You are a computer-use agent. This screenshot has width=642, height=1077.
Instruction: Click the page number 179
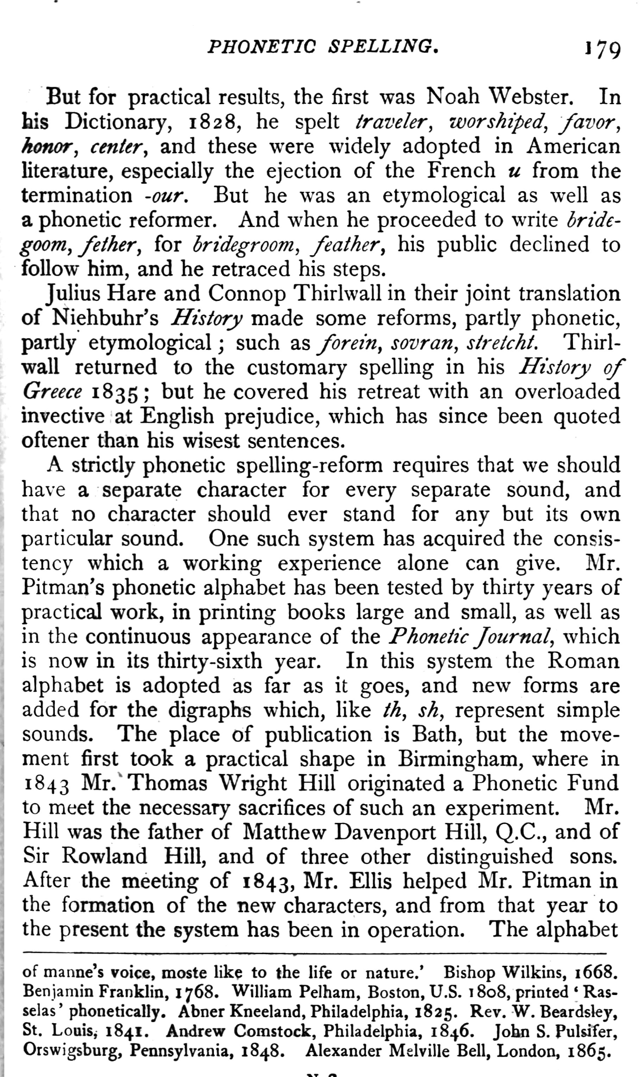click(x=602, y=50)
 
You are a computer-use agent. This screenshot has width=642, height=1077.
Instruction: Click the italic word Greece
click(x=52, y=392)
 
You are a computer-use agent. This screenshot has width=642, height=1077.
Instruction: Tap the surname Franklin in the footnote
click(x=133, y=992)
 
